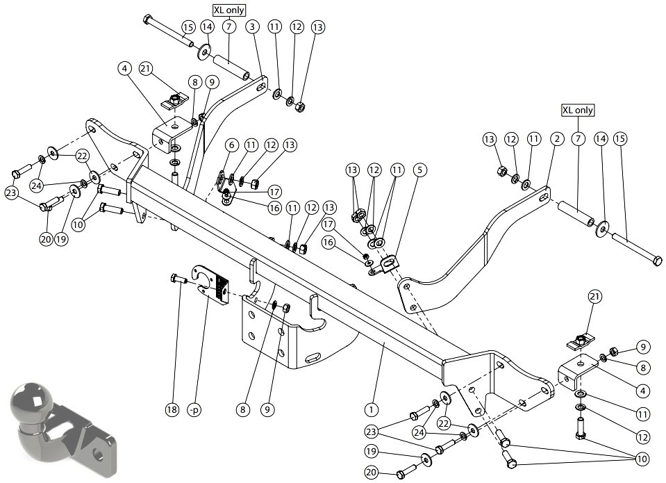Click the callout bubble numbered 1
(372, 409)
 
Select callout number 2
(557, 138)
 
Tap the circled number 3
(252, 27)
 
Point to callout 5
(419, 170)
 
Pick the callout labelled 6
(231, 145)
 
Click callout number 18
(172, 409)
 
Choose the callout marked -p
(194, 409)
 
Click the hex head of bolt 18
(174, 279)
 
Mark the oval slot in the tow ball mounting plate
(315, 358)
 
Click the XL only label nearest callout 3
(229, 10)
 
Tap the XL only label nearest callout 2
(578, 110)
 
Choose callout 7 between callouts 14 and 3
(229, 27)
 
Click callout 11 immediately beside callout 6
(251, 145)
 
